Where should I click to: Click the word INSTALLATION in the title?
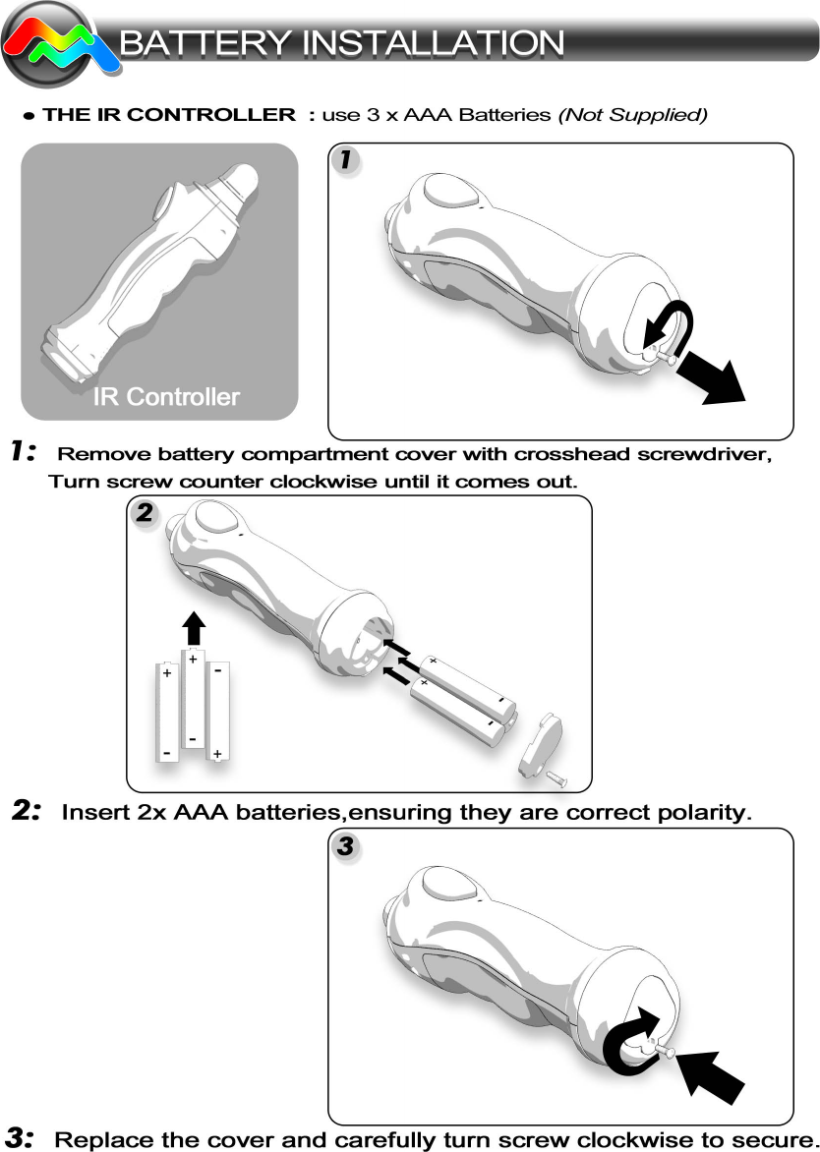click(x=433, y=43)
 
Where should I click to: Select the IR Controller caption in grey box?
click(x=166, y=397)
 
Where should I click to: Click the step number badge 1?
click(x=343, y=160)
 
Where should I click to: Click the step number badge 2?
click(x=144, y=512)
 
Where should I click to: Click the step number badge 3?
click(x=344, y=845)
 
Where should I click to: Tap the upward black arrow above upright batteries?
click(x=195, y=627)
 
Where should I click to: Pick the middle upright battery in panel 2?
click(x=194, y=700)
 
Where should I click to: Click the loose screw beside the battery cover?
click(x=556, y=778)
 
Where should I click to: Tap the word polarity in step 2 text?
click(x=699, y=813)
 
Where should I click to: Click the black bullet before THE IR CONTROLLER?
click(x=29, y=116)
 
